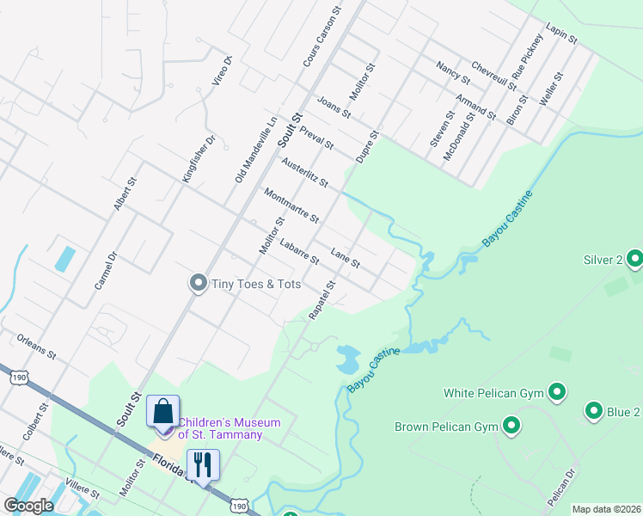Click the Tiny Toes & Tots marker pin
point(198,283)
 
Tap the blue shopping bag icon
point(162,411)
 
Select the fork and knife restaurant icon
point(204,464)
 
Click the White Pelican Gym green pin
point(556,393)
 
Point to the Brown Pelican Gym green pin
point(511,426)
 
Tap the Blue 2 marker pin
point(593,411)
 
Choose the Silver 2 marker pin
point(634,259)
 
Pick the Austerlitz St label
point(304,172)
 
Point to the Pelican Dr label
point(560,486)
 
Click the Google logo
point(28,507)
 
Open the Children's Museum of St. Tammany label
point(230,427)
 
